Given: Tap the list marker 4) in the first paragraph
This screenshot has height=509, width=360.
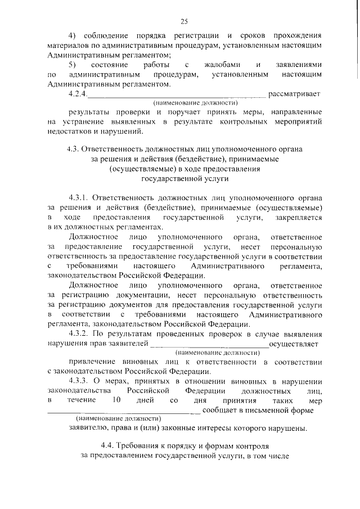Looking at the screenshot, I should tap(73, 35).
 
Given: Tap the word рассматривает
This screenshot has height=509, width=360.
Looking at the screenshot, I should tap(295, 93).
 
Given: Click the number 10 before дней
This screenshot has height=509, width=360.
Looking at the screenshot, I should tap(117, 400).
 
